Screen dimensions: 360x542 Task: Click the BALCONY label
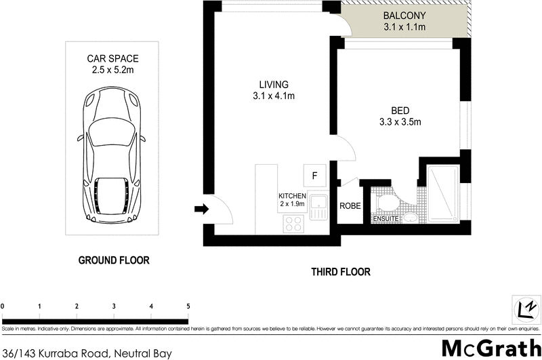[x=404, y=16]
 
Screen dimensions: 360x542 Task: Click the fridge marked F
[x=314, y=175]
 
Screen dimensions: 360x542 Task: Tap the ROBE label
[x=350, y=206]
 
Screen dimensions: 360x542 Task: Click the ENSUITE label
[x=385, y=219]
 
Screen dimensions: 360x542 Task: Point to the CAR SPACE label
[x=113, y=59]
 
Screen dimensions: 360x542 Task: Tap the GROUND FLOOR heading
[x=113, y=260]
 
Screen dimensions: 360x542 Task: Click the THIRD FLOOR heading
[x=341, y=272]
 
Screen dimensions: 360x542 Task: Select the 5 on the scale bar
[x=188, y=306]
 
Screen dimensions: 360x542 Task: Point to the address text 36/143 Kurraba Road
[x=87, y=353]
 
